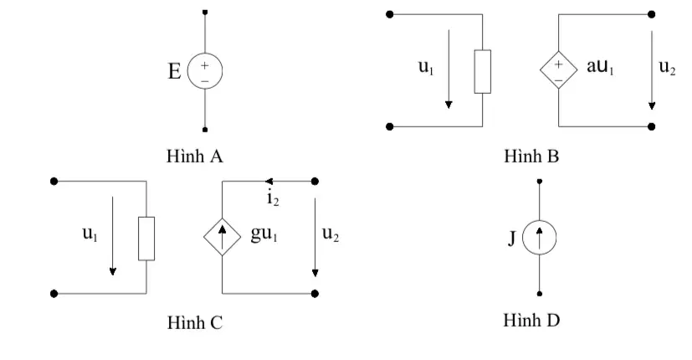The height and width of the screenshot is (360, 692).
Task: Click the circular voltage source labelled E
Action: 205,70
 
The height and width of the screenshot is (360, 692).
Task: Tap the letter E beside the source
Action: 174,71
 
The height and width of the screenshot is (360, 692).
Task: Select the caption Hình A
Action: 195,156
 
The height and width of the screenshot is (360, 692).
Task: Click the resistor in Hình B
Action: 482,71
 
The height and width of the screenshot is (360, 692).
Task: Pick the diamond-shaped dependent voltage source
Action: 559,69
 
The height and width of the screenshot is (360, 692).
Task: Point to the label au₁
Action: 600,66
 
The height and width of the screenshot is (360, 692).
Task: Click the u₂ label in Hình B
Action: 667,67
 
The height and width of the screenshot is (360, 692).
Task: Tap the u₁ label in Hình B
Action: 426,67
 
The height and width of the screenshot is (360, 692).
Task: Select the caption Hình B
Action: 531,156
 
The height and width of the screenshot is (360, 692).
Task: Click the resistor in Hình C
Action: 146,239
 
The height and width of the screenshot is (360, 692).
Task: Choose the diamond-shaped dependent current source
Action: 222,237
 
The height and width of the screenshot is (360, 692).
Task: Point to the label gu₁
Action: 264,234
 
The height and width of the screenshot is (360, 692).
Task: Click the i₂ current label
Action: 273,198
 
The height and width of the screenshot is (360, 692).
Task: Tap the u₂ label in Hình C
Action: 331,234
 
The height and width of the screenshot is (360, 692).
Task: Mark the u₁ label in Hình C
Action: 90,234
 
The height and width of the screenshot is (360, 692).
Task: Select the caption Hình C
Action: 195,322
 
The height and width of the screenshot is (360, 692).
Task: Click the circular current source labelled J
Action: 540,238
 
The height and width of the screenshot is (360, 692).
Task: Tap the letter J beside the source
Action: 512,238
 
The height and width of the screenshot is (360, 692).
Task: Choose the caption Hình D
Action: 531,321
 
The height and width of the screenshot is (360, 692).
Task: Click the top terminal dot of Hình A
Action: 205,13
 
